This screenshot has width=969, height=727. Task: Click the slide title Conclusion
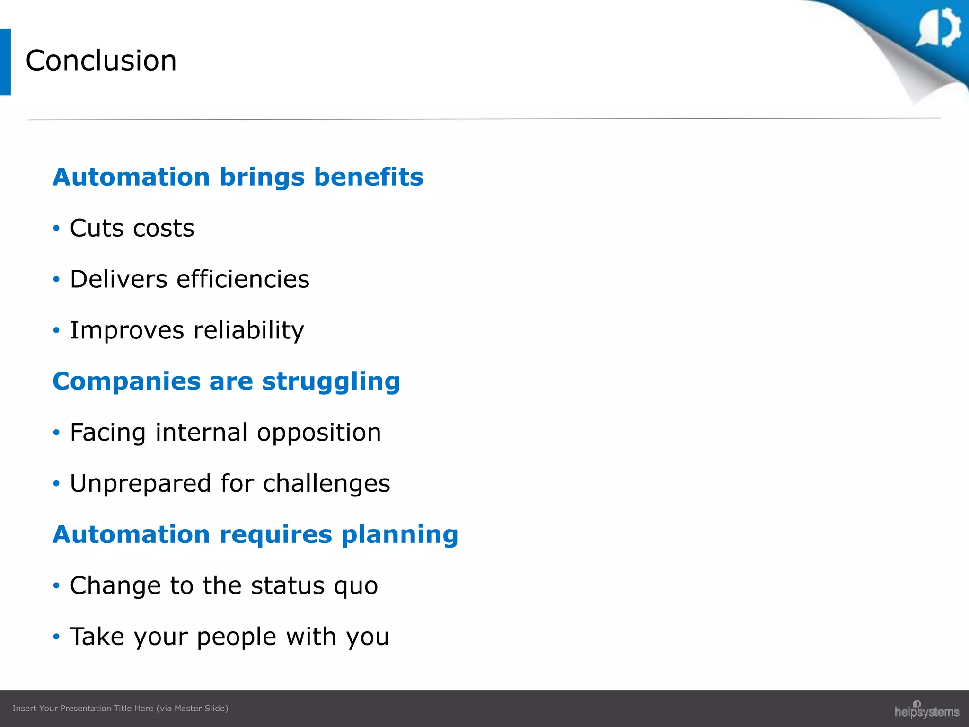(x=101, y=61)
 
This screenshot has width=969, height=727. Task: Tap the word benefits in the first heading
(x=369, y=177)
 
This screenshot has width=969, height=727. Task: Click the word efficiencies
(x=243, y=279)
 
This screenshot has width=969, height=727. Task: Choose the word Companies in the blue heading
(x=126, y=381)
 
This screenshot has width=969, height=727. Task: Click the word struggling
(x=331, y=381)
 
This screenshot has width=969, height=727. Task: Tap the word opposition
(x=319, y=433)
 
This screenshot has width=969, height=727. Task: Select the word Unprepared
(x=141, y=484)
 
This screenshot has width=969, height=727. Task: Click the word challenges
(x=326, y=484)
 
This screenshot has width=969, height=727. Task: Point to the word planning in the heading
(x=400, y=535)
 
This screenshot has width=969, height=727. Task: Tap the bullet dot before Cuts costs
(x=57, y=229)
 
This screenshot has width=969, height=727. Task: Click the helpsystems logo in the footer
(x=926, y=710)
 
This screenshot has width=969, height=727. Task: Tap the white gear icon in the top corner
(x=940, y=27)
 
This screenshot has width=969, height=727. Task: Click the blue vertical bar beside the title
(x=5, y=62)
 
